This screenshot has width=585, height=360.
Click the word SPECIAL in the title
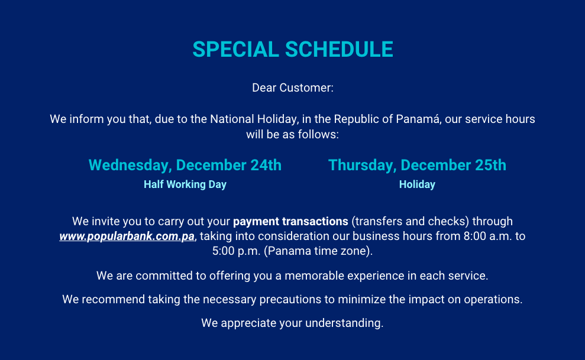236,50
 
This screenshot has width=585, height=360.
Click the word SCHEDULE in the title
339,50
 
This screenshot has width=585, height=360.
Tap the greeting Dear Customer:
293,88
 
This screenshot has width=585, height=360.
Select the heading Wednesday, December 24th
185,165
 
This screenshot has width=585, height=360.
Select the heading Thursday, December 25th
417,165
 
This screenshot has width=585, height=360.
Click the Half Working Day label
185,184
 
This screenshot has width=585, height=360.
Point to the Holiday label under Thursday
417,184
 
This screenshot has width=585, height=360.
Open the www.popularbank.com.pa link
127,236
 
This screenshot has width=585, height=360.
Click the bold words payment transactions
290,221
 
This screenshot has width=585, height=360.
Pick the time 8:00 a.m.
489,236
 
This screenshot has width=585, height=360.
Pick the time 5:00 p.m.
236,251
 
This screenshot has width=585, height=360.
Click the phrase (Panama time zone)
318,251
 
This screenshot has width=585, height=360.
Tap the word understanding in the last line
344,323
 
